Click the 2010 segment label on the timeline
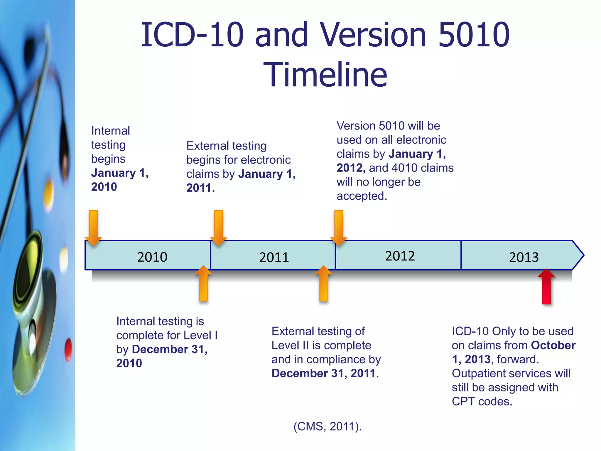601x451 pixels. [x=152, y=257]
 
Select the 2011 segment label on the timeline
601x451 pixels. [x=274, y=258]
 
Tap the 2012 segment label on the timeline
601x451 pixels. [x=400, y=256]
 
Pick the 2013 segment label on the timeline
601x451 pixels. [x=524, y=258]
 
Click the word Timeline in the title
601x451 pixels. [x=325, y=75]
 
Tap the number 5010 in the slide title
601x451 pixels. [x=474, y=35]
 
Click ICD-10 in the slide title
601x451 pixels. [x=192, y=35]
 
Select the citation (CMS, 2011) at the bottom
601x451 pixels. [x=327, y=426]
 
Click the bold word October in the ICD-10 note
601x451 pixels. [x=553, y=345]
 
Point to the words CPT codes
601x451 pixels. [x=482, y=401]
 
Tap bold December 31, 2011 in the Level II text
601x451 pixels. [x=323, y=373]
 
